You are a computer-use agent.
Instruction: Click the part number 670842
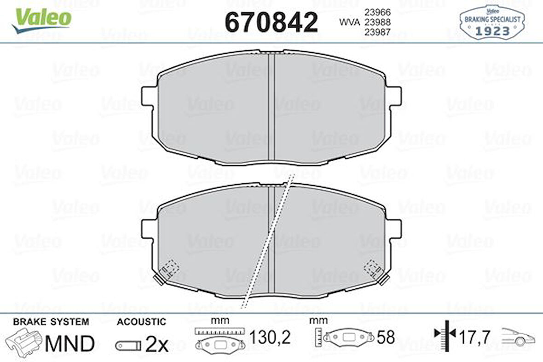click(x=271, y=22)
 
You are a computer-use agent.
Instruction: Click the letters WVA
click(x=349, y=22)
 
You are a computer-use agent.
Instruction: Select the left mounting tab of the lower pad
click(x=149, y=228)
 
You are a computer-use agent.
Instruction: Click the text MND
click(x=69, y=343)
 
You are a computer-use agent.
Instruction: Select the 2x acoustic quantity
click(x=157, y=345)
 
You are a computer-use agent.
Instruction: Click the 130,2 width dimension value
click(x=271, y=338)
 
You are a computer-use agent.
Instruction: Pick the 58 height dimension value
click(x=386, y=338)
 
